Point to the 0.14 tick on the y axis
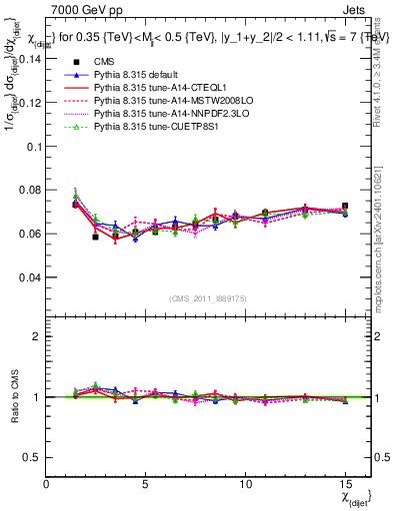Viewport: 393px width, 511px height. [32, 59]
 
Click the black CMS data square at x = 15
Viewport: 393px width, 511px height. [345, 207]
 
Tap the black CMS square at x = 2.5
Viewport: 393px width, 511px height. [96, 237]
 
